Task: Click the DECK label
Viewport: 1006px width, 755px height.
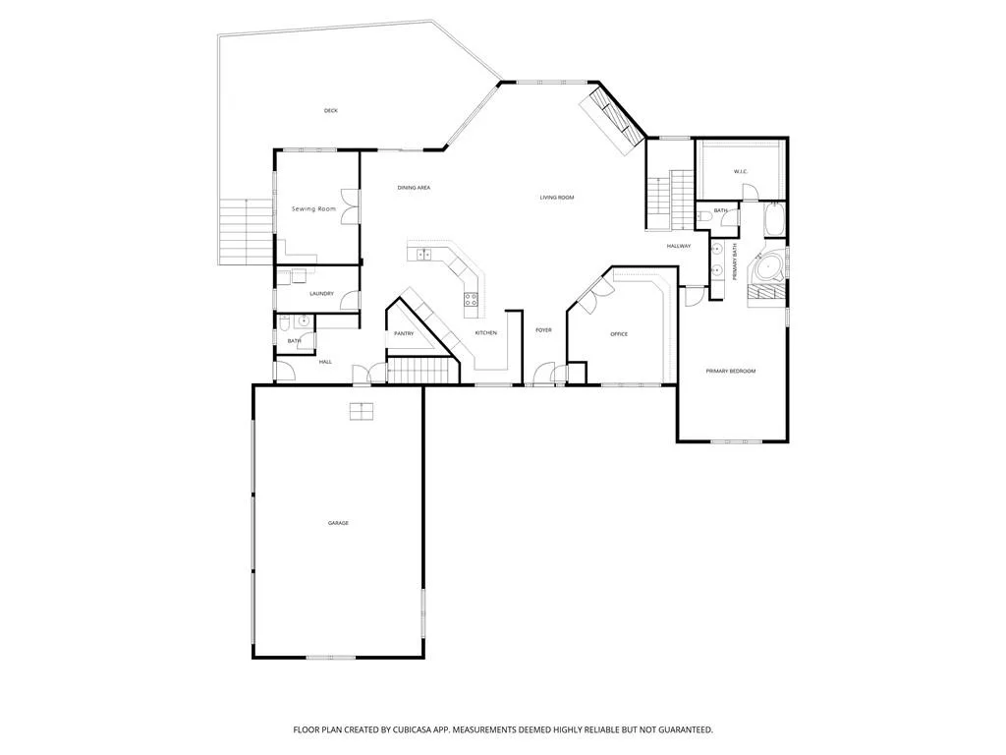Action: coord(330,111)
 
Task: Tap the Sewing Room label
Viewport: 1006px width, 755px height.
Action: coord(313,208)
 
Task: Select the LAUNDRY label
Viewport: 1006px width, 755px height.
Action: coord(321,294)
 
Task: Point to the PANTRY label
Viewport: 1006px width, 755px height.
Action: coord(404,334)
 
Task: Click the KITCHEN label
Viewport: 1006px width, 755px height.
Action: coord(485,332)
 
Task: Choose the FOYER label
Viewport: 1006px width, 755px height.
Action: coord(543,330)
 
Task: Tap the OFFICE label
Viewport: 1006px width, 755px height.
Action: coord(619,334)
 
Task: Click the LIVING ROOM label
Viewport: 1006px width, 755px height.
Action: coord(557,198)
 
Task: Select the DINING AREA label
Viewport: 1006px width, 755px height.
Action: coord(414,188)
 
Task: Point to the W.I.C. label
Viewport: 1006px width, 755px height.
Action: coord(741,171)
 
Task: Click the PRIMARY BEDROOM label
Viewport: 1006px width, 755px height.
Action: coord(731,371)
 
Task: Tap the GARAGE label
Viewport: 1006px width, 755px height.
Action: coord(338,523)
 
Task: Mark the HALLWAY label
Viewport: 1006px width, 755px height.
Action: coord(679,246)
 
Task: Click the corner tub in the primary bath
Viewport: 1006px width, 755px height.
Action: coord(768,267)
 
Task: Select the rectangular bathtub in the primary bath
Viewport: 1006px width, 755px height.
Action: coord(775,220)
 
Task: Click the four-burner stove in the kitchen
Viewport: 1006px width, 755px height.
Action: coord(472,299)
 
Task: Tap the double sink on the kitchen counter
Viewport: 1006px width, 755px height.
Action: coord(423,255)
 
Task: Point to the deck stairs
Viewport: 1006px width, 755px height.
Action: coord(247,231)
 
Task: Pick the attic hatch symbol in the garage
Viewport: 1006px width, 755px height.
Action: coord(362,412)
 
